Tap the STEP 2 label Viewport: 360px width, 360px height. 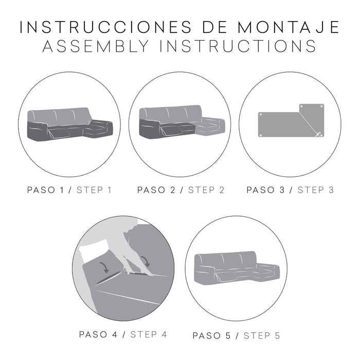click(x=206, y=190)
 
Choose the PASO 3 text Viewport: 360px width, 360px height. click(x=265, y=190)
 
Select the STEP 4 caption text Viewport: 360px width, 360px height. click(x=149, y=334)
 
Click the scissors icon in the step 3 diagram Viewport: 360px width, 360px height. click(x=319, y=135)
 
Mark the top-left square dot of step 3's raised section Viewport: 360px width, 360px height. click(x=301, y=106)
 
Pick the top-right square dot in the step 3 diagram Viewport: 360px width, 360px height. click(x=322, y=106)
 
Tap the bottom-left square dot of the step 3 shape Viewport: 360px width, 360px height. click(x=261, y=135)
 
